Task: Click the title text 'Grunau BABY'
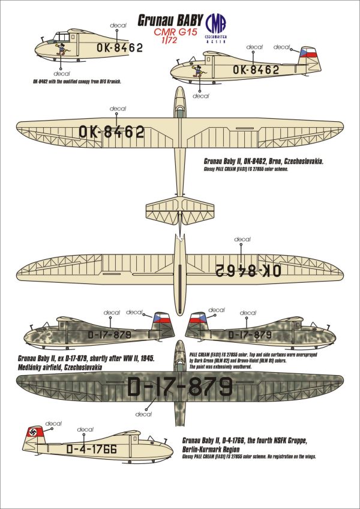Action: pos(169,20)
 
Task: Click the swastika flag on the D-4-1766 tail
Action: pos(32,433)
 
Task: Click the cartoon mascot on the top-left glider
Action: pos(61,46)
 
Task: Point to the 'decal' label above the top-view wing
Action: pos(118,109)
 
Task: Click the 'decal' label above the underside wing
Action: pos(242,239)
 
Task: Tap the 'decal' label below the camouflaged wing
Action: pos(143,414)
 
